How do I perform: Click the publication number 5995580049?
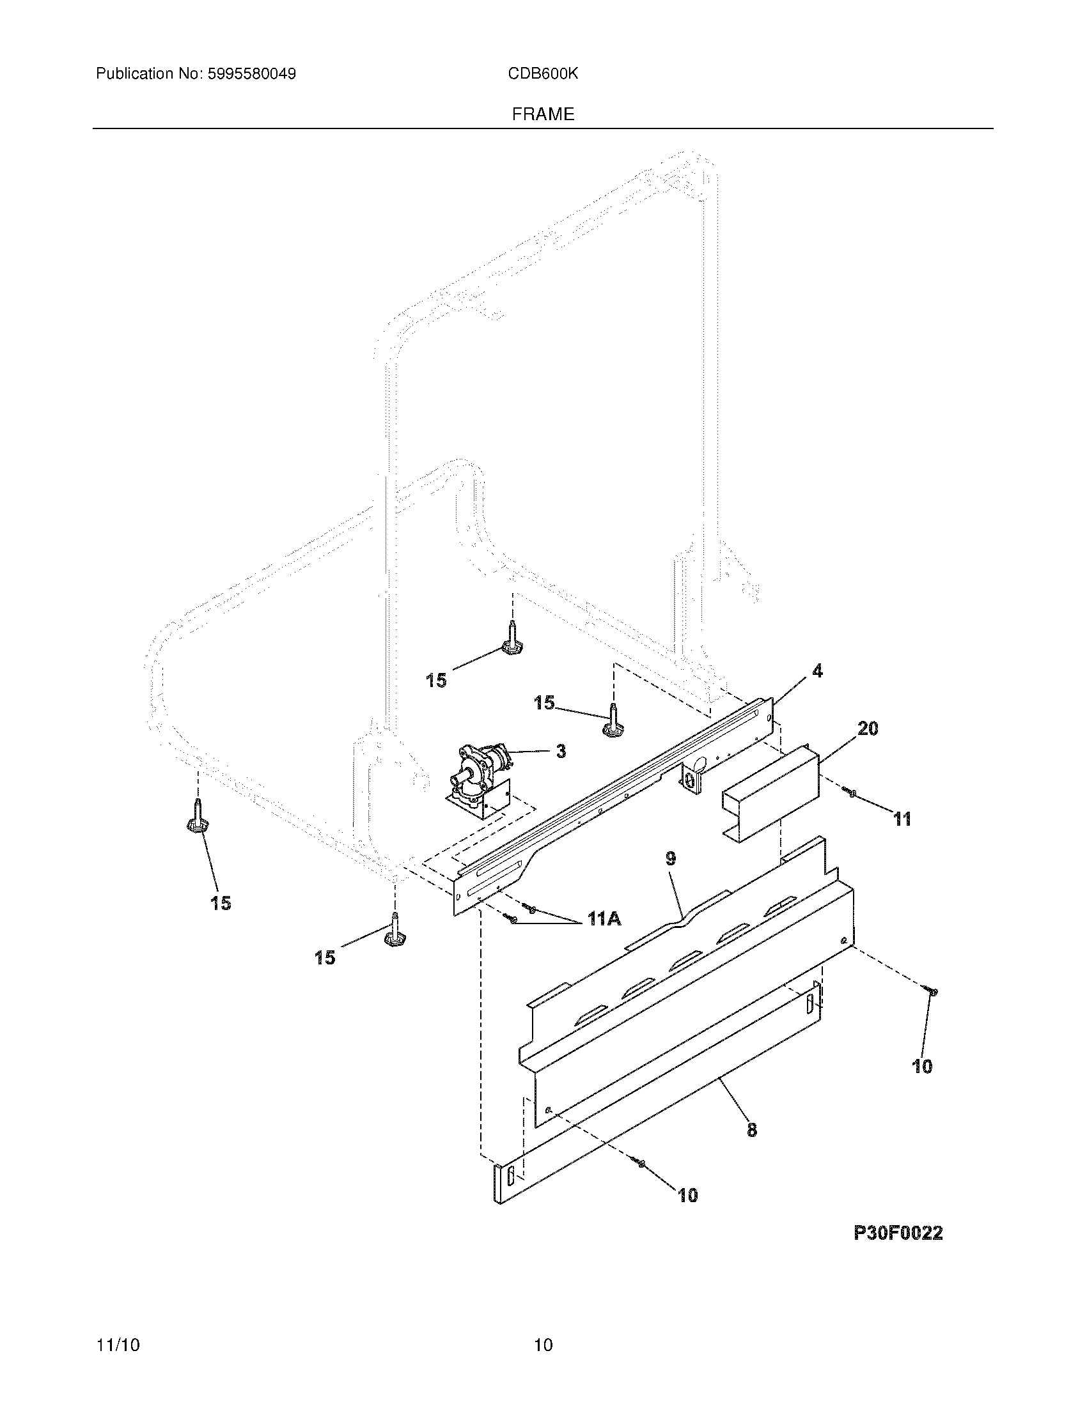point(251,74)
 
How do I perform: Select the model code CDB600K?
point(542,74)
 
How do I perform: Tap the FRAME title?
point(543,114)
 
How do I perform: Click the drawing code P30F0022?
point(898,1233)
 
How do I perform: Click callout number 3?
point(561,751)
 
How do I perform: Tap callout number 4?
point(817,672)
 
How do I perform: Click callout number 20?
point(868,729)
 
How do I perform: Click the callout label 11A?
point(604,920)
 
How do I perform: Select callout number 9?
point(671,858)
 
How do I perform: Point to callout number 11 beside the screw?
point(902,819)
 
